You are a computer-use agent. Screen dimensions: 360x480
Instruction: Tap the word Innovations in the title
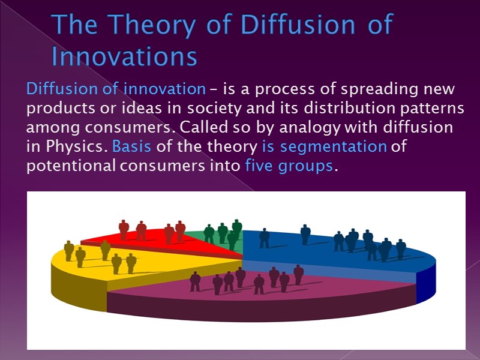(x=124, y=56)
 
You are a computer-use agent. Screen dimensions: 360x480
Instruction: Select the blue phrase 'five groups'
(x=289, y=166)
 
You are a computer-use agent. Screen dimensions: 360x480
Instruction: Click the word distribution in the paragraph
(x=335, y=109)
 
